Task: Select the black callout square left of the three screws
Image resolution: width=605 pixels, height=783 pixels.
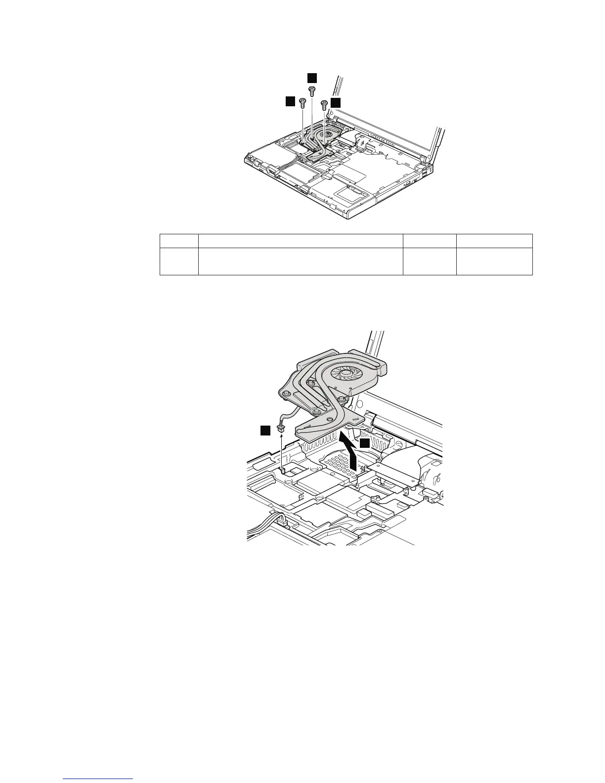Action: coord(290,102)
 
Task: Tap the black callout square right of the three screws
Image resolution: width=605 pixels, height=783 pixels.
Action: coord(336,102)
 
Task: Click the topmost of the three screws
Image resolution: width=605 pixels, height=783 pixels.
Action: coord(312,91)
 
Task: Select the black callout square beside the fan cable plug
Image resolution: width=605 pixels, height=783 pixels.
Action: coord(266,431)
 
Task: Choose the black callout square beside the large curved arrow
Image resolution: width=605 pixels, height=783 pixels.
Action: coord(364,444)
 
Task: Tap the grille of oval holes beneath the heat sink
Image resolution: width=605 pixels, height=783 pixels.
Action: coord(337,464)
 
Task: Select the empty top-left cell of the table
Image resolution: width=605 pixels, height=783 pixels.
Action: coord(178,241)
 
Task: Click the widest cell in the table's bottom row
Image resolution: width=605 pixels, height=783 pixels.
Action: coord(301,261)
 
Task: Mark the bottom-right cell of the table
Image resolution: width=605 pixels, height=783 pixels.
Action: coord(494,261)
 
